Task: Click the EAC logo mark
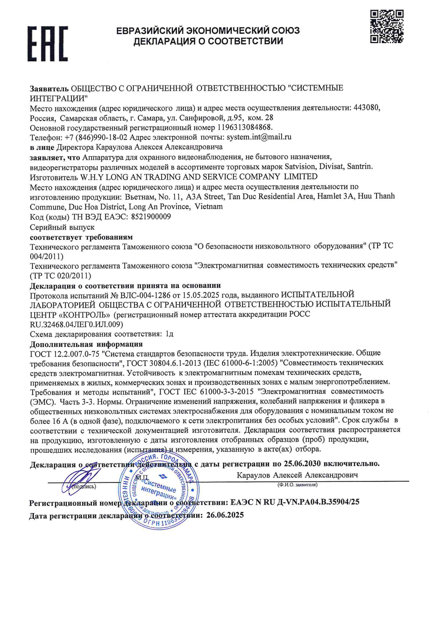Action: pyautogui.click(x=47, y=44)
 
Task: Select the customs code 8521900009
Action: pyautogui.click(x=151, y=217)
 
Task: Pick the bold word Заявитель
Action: pyautogui.click(x=49, y=88)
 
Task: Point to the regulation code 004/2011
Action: pyautogui.click(x=46, y=257)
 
